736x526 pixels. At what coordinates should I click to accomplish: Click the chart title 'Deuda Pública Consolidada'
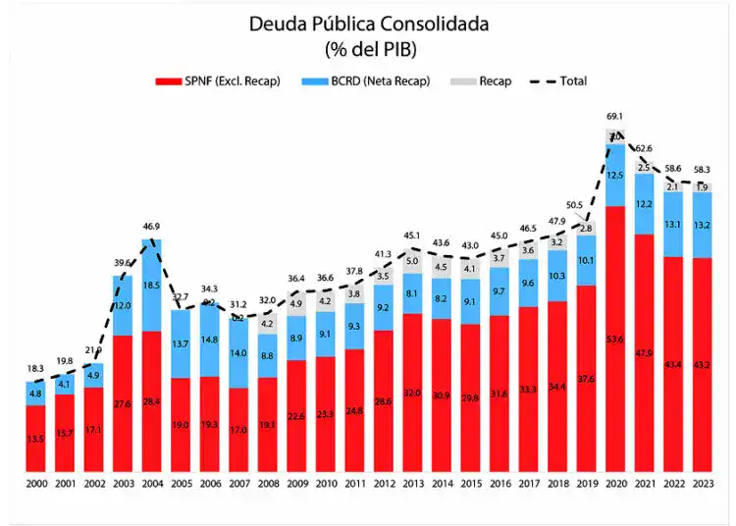(368, 23)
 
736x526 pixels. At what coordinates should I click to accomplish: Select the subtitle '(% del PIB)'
(368, 47)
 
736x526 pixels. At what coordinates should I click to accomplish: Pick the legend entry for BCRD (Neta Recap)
(372, 81)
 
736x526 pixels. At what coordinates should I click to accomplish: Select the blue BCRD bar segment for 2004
(152, 285)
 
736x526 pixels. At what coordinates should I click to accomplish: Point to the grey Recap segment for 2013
(411, 261)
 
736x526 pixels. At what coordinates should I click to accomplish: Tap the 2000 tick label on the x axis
(36, 484)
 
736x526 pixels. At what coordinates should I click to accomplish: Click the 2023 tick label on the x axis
(703, 484)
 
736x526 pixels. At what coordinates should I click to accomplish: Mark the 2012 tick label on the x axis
(383, 484)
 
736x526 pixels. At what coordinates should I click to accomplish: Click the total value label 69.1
(615, 117)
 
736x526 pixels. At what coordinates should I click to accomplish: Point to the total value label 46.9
(152, 226)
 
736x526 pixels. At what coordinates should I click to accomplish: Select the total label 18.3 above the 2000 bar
(36, 368)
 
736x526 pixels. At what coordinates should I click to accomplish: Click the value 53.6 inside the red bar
(615, 366)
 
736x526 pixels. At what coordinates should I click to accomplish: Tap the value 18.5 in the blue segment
(152, 285)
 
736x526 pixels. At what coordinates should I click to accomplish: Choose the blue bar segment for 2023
(703, 225)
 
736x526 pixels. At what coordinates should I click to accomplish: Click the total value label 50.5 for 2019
(575, 205)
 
